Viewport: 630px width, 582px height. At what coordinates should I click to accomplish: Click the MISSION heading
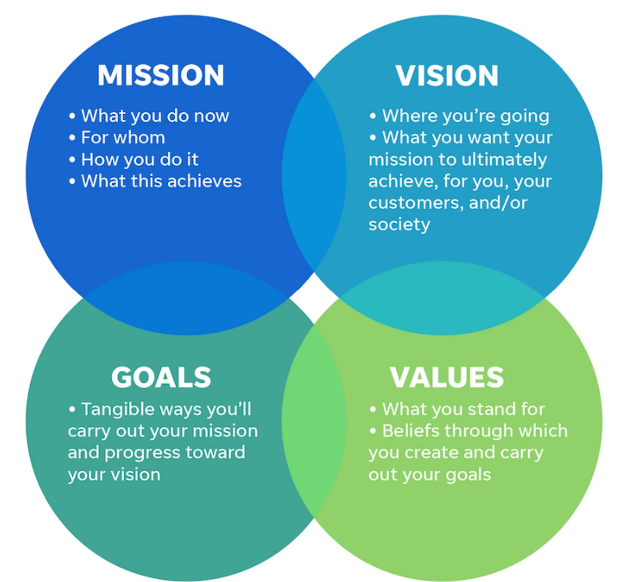point(160,75)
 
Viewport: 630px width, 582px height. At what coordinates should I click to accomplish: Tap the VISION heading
point(447,75)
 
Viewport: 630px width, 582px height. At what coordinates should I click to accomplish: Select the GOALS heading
point(161,377)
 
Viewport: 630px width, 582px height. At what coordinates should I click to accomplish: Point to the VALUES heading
point(447,377)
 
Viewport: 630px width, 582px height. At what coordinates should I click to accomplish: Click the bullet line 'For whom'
point(123,137)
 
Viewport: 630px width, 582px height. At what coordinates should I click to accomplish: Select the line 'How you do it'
point(139,159)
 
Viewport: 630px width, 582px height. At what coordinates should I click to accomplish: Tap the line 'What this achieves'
point(161,181)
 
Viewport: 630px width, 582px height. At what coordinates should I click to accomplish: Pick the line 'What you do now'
point(155,116)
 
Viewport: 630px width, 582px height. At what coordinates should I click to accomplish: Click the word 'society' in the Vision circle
point(399,225)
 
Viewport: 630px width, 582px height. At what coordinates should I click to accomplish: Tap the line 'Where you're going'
point(465,116)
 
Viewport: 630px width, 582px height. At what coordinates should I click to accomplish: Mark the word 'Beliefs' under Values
point(410,431)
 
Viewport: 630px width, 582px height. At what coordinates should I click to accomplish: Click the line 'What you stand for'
point(463,409)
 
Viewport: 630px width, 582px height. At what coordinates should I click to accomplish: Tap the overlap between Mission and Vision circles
point(314,175)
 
